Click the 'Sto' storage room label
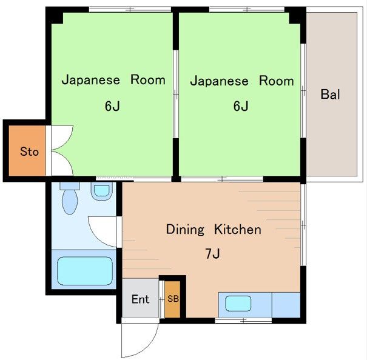(x=29, y=152)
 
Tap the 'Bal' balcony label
(x=330, y=95)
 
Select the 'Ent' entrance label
(x=140, y=299)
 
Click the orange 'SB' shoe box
(x=173, y=299)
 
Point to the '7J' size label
(x=212, y=253)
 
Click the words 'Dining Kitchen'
(x=214, y=230)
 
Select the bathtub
(x=85, y=271)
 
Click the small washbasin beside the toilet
(x=101, y=192)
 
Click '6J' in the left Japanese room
(x=112, y=107)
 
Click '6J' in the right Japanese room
(x=241, y=107)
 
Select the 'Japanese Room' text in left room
(x=113, y=80)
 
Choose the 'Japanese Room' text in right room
(x=241, y=81)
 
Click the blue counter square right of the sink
(x=286, y=305)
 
